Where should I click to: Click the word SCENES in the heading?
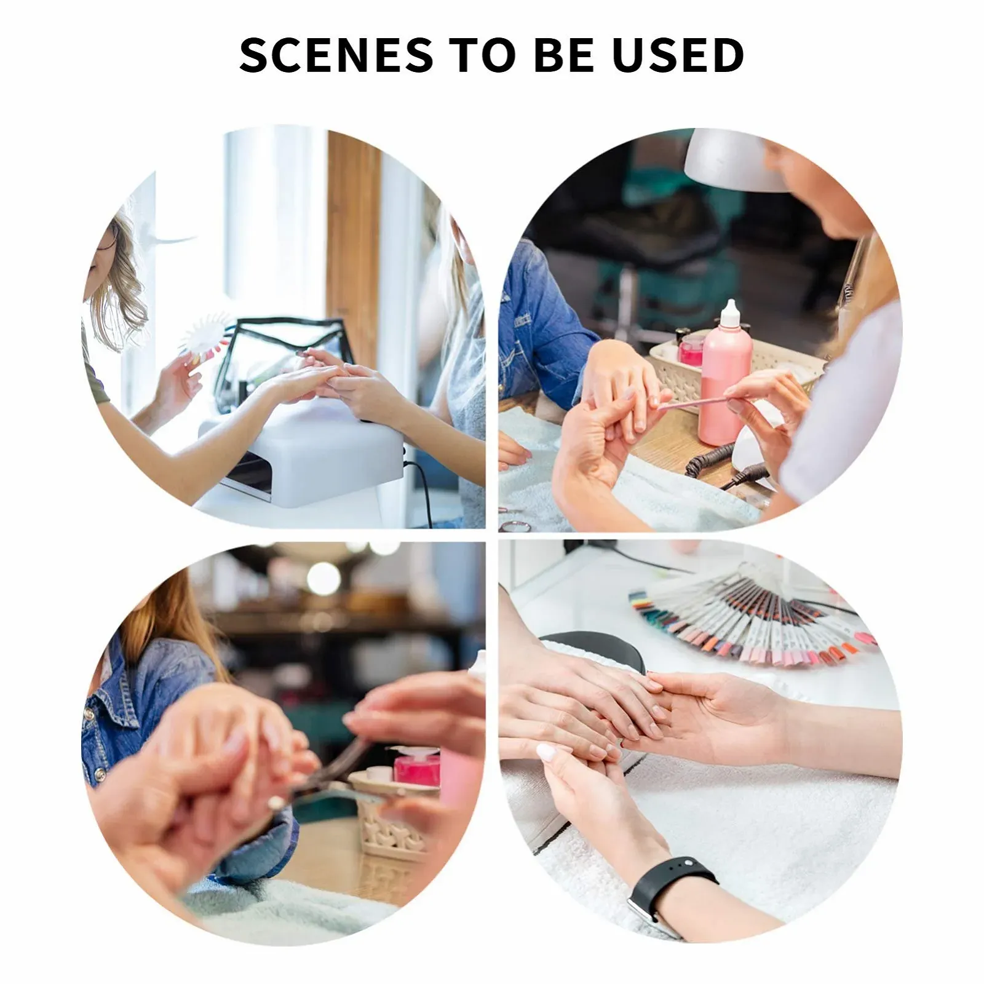click(x=336, y=55)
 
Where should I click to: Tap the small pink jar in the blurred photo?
click(x=416, y=766)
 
